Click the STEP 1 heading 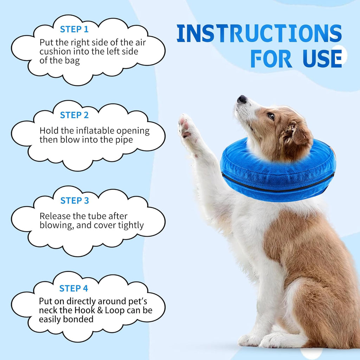[x=74, y=29]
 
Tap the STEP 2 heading [x=74, y=115]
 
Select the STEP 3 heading [x=75, y=200]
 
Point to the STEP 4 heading [x=73, y=288]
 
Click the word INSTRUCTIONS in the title [x=259, y=33]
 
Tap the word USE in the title [x=322, y=58]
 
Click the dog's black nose [x=242, y=99]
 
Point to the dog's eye [x=271, y=116]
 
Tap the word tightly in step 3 [x=131, y=226]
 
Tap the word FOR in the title [x=271, y=58]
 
